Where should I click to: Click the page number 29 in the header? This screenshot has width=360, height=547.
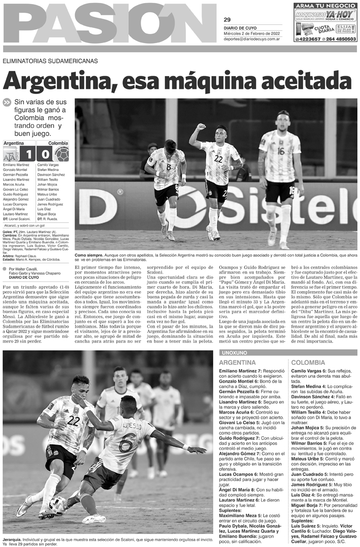coord(227,20)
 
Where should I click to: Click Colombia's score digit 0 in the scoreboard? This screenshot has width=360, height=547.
coord(45,154)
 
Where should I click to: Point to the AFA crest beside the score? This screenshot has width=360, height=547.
coord(11,154)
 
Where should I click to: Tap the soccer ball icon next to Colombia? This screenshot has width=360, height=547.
coord(61,154)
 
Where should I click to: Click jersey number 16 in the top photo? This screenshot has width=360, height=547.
coord(280,151)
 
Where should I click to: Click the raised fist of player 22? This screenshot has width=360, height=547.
coord(201,126)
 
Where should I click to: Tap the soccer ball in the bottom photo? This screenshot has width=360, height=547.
coord(58,504)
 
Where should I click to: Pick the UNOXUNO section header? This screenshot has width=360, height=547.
coord(235,352)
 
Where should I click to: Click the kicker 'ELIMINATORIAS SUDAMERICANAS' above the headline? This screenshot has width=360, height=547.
coord(50,61)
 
